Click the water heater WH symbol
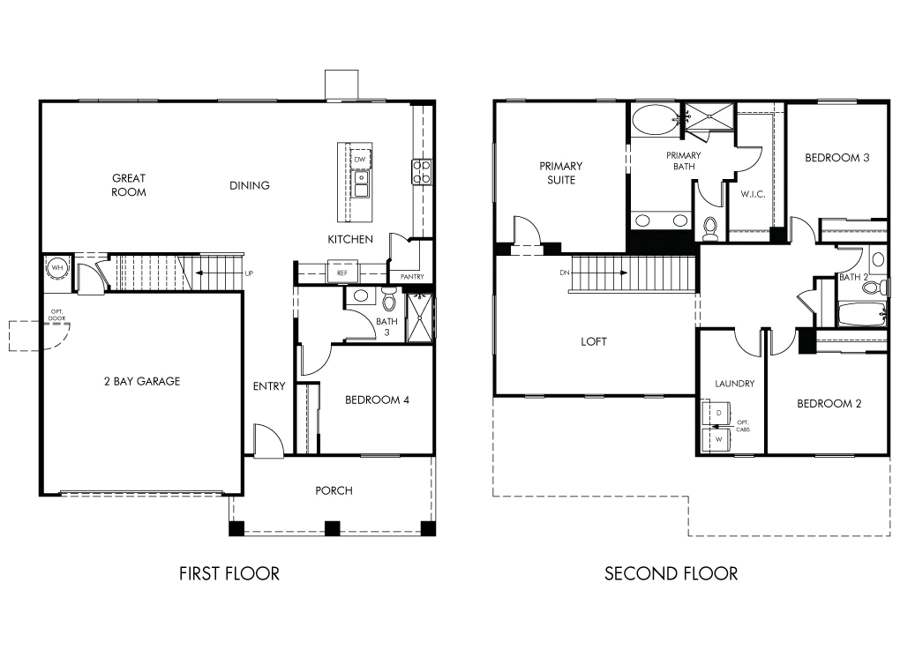click(x=57, y=267)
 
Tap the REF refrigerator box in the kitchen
click(x=342, y=273)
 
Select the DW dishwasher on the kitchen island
click(x=360, y=159)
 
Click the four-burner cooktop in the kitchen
click(x=421, y=171)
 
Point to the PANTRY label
click(x=412, y=277)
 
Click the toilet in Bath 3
click(x=389, y=299)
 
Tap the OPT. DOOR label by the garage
click(x=56, y=315)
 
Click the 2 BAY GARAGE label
click(x=142, y=381)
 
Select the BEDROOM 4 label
click(x=377, y=400)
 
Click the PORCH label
click(x=334, y=490)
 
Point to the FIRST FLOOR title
click(x=229, y=573)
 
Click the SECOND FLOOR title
click(x=671, y=573)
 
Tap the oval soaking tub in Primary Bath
click(x=655, y=119)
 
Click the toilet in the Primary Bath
click(x=710, y=228)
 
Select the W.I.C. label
click(x=753, y=195)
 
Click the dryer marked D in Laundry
click(x=716, y=413)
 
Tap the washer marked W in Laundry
click(x=716, y=440)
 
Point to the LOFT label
click(x=594, y=341)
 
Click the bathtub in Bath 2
click(x=862, y=314)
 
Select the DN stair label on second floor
click(x=564, y=273)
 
